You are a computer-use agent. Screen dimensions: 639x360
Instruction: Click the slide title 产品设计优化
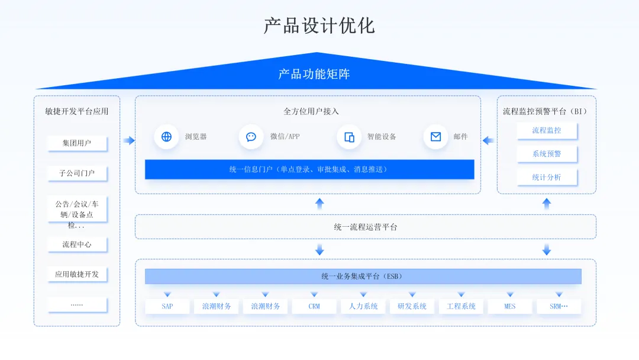click(x=319, y=26)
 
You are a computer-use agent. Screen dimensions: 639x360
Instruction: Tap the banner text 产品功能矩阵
click(x=314, y=74)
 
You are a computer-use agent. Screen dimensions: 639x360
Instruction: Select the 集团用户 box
click(x=77, y=143)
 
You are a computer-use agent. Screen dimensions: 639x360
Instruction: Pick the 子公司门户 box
click(x=77, y=173)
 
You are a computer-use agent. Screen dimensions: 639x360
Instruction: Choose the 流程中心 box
click(x=77, y=245)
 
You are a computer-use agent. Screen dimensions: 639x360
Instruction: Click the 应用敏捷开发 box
click(x=77, y=275)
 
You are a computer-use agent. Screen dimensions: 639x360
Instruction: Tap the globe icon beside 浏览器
click(x=166, y=137)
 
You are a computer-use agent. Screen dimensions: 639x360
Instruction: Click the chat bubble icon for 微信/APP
click(x=251, y=137)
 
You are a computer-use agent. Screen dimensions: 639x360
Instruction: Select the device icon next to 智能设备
click(x=349, y=137)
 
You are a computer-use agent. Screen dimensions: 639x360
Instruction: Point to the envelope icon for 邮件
click(x=435, y=137)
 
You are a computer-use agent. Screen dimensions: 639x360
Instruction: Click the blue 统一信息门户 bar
click(x=309, y=169)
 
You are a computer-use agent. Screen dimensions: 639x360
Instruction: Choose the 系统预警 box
click(x=547, y=154)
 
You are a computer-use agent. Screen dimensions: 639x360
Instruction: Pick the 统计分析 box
click(x=547, y=177)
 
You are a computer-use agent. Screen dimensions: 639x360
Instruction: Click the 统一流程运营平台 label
click(x=366, y=227)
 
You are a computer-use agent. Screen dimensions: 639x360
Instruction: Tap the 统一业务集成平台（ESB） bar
click(x=363, y=277)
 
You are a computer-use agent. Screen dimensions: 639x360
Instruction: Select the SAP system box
click(x=167, y=307)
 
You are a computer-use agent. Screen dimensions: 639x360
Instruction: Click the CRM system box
click(x=314, y=307)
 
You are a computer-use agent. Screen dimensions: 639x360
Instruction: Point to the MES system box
click(x=510, y=307)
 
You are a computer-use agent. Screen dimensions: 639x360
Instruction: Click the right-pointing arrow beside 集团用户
click(x=129, y=140)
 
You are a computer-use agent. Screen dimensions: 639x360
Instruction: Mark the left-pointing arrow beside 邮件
click(x=488, y=140)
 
